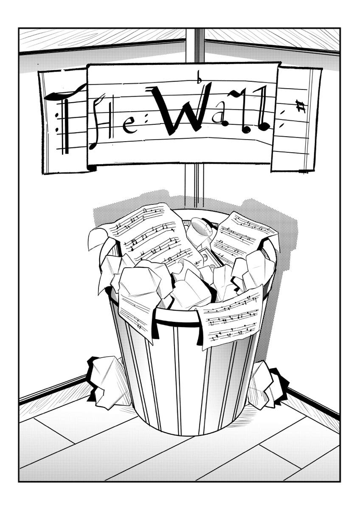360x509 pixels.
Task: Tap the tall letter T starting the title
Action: tap(66, 120)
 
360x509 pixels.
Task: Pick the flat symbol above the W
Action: tap(200, 78)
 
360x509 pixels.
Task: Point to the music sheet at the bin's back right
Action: tap(243, 236)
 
